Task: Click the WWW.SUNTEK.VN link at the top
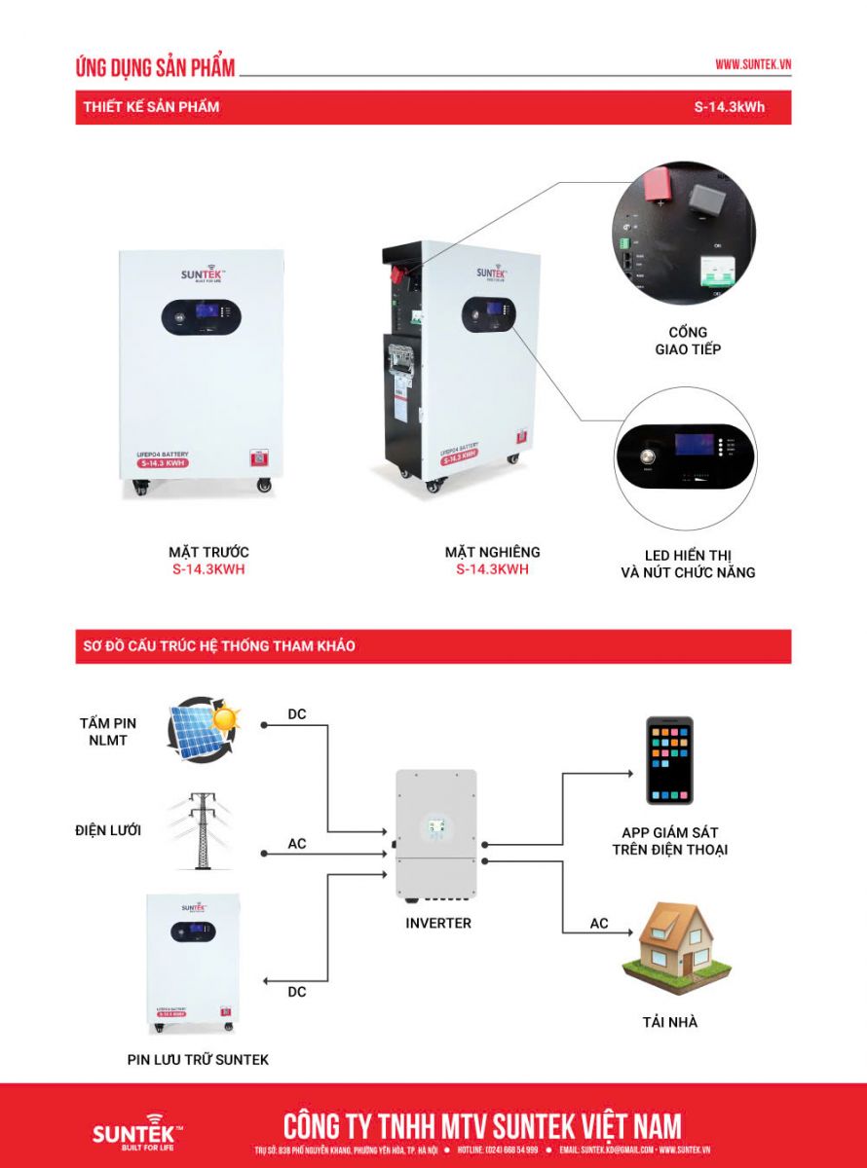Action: tap(752, 64)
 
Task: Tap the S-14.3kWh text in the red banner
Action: tap(729, 107)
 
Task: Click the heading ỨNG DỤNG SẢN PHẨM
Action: tap(155, 67)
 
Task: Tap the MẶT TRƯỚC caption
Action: tap(208, 552)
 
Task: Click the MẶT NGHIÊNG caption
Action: tap(492, 552)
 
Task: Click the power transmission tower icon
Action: tap(203, 830)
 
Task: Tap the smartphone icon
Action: tap(669, 760)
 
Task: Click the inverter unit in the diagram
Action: tap(435, 834)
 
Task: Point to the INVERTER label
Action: tap(438, 923)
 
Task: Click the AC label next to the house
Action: tap(599, 923)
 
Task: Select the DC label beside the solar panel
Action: tap(297, 714)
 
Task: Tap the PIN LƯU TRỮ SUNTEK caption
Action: tap(198, 1059)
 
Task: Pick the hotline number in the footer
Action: tap(510, 1150)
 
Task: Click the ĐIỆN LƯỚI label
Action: tap(108, 830)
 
